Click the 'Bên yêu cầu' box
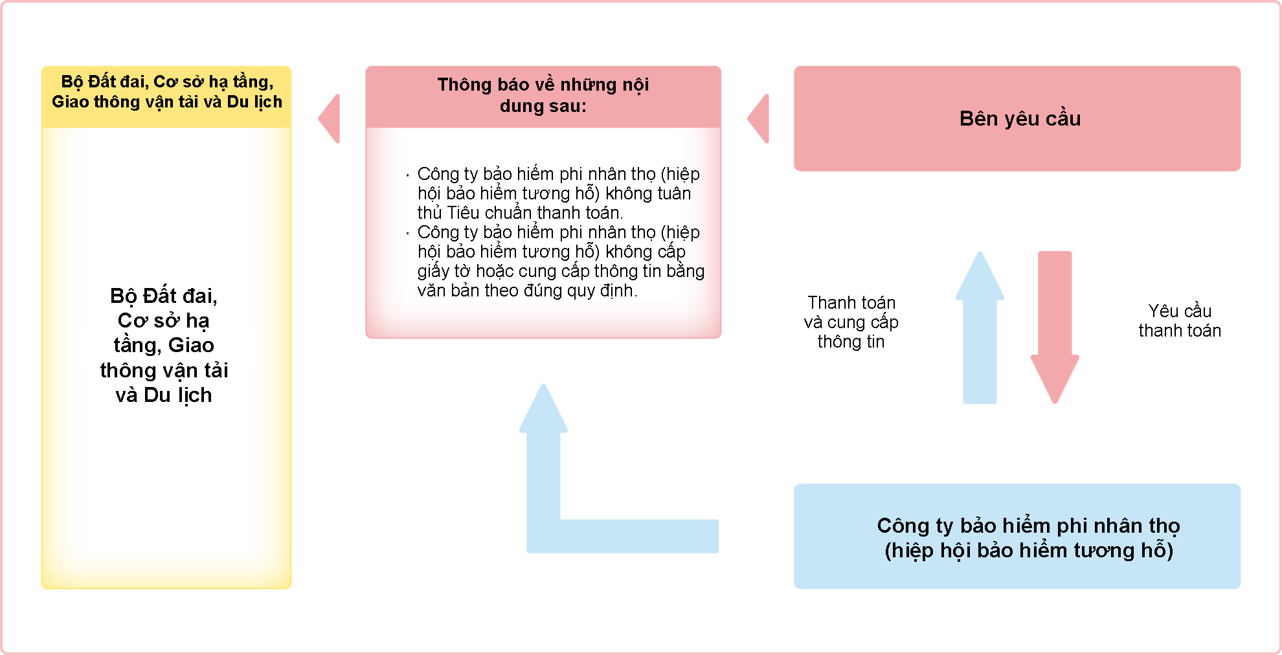1017,118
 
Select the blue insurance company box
1017,536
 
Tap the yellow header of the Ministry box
166,96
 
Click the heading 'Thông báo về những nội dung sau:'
543,95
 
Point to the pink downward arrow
1055,327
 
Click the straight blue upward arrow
980,327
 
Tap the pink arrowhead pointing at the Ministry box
330,118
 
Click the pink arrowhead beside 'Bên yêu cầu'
758,118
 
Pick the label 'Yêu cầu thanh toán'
1180,320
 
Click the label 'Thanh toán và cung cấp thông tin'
851,322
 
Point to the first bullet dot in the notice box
407,175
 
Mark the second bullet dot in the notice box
407,233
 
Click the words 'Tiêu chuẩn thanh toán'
534,213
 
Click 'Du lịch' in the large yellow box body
178,395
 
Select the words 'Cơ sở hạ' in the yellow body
163,320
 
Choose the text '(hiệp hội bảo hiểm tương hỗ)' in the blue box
1029,550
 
